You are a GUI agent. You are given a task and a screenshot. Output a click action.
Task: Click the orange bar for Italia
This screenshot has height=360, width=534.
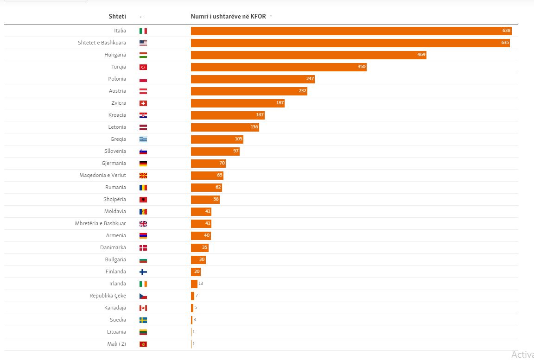point(351,31)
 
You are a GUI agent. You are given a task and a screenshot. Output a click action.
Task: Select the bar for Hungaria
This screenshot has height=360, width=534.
point(308,55)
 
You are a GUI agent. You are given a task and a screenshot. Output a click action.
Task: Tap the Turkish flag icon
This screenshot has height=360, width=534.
point(143,67)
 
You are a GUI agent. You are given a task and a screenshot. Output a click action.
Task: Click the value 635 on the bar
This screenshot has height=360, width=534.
point(505,43)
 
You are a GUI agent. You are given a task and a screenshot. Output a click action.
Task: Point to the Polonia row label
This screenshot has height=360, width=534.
point(117,79)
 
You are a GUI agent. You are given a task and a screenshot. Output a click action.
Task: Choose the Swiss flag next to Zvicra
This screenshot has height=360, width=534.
point(143,103)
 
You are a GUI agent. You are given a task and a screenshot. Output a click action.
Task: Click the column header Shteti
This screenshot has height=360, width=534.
point(117,16)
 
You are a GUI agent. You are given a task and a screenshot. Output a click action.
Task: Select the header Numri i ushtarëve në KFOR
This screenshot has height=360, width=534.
point(229,16)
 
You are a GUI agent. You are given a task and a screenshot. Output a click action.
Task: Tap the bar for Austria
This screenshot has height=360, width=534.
point(249,91)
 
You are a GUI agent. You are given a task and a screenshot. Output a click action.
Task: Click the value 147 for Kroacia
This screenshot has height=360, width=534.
point(260,115)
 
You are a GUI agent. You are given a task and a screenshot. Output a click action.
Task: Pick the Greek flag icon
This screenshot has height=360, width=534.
point(143,139)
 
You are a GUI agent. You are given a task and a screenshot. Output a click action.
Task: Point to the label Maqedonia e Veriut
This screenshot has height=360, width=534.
point(102,175)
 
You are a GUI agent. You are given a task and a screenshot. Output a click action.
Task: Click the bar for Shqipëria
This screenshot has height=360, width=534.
point(205,200)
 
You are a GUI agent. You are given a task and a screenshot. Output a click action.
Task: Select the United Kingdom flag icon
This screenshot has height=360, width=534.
point(143,224)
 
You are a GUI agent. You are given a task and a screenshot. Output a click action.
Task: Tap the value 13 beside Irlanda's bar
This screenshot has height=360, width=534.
point(201,284)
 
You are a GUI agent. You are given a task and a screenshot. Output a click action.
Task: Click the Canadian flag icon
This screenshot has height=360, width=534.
point(143,308)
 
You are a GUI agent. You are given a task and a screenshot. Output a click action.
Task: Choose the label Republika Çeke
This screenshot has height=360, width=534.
point(108,296)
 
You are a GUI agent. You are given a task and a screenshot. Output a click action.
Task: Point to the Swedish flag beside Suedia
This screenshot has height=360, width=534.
point(143,320)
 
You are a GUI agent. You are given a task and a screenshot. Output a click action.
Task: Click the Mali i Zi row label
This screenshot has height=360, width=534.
point(116,344)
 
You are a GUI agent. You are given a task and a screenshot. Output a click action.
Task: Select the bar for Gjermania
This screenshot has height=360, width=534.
point(208,164)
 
